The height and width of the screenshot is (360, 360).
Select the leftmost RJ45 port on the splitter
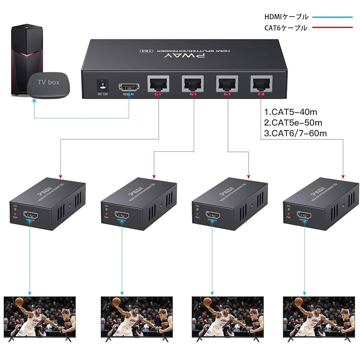click(x=158, y=83)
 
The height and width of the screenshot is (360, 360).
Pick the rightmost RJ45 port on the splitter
click(x=261, y=83)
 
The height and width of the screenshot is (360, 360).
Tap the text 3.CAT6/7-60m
click(x=295, y=133)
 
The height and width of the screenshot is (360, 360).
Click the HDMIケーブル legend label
click(x=286, y=17)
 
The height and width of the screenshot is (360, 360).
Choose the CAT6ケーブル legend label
click(x=286, y=28)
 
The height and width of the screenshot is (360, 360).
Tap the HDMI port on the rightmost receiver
click(x=303, y=215)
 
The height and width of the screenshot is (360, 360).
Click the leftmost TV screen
click(x=39, y=317)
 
